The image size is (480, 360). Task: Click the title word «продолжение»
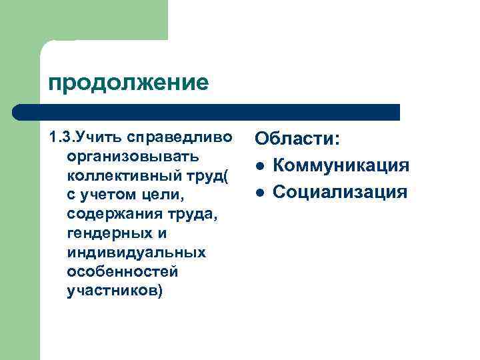pos(128,83)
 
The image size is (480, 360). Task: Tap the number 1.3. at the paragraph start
pos(61,138)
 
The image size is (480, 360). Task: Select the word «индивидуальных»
pos(137,253)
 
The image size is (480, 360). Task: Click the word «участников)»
pos(115,292)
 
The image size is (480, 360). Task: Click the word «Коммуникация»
pos(341,165)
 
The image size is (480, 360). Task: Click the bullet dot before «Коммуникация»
pos(261,166)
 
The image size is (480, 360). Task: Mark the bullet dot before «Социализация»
pos(261,193)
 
